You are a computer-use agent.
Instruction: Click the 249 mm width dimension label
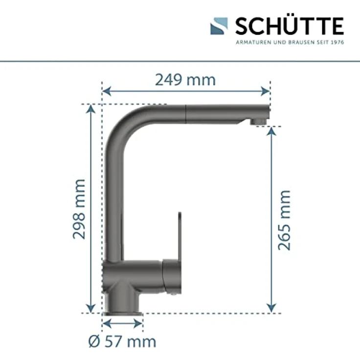pos(185,79)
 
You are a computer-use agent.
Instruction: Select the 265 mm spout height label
pos(284,220)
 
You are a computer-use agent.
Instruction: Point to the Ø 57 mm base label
pos(122,341)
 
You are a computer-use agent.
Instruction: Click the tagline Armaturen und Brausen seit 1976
pos(290,42)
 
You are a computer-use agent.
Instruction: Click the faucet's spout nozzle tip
pos(258,120)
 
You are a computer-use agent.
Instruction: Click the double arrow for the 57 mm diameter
pos(122,323)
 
